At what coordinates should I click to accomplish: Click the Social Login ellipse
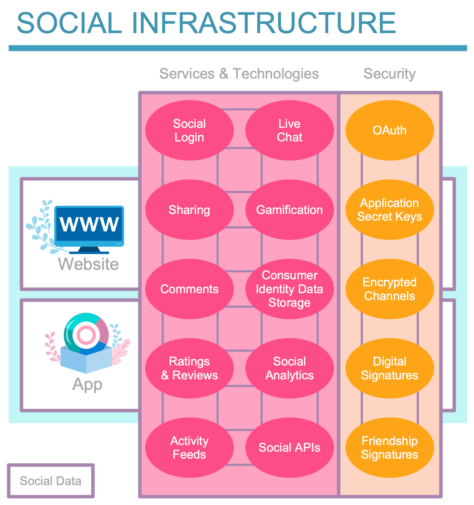189,130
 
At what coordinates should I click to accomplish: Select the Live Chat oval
289,130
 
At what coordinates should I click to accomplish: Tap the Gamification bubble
289,210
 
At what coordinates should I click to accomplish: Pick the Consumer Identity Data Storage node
289,289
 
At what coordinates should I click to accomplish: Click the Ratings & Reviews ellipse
189,368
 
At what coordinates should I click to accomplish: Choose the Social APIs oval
289,448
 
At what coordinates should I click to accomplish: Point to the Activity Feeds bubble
189,448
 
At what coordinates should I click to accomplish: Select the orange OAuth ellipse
390,130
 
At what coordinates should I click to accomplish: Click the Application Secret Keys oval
390,210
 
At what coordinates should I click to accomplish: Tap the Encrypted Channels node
390,289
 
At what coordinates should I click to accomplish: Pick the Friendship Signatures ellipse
390,448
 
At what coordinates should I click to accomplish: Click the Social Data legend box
51,481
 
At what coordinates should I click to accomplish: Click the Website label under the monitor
88,264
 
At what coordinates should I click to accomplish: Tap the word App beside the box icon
87,384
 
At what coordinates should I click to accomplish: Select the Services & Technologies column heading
239,74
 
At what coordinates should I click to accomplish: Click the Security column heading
390,74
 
